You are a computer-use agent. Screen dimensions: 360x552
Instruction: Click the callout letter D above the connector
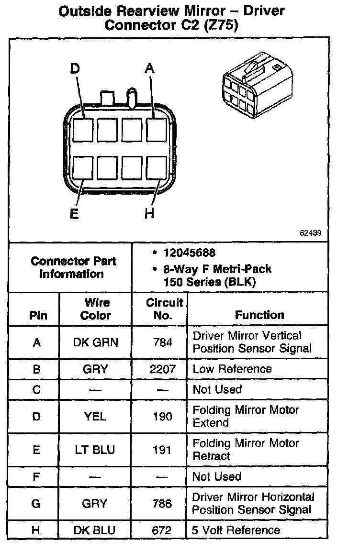click(75, 69)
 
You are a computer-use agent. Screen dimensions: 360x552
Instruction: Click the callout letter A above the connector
click(149, 69)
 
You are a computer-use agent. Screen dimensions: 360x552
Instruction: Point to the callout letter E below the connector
click(74, 213)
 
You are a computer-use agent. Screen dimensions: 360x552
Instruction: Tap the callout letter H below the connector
click(149, 213)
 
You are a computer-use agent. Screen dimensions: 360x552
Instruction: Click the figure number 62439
click(310, 233)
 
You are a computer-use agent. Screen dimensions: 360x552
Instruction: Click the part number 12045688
click(189, 253)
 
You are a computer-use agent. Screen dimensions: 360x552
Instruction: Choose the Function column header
click(259, 315)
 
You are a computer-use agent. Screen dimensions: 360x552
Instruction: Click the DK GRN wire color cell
click(96, 342)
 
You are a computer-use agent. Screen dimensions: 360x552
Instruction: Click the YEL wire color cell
click(95, 417)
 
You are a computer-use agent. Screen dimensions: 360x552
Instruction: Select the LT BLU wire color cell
click(96, 450)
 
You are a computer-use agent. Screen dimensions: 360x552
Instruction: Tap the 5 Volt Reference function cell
click(236, 530)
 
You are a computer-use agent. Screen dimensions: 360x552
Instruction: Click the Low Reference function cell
click(232, 369)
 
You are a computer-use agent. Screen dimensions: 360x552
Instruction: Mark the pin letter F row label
click(36, 477)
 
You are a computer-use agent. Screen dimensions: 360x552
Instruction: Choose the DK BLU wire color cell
click(95, 530)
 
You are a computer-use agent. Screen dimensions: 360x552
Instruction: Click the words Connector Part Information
click(73, 267)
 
